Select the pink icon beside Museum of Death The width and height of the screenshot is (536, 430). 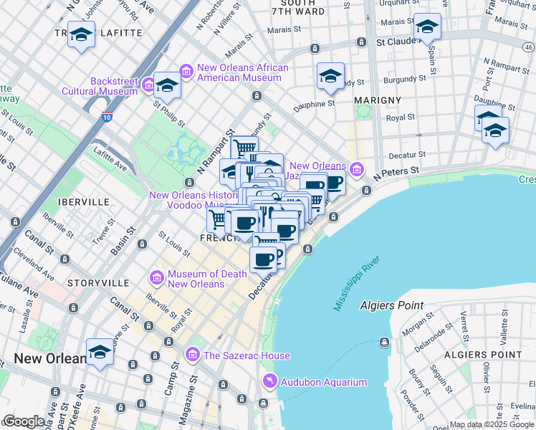156,277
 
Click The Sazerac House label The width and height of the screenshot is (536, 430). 246,355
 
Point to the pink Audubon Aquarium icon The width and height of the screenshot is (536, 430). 269,381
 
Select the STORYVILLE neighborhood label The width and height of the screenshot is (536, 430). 97,284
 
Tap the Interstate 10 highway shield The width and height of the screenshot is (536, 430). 106,118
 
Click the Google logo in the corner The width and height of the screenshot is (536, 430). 23,421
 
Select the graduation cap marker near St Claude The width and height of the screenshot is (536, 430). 427,27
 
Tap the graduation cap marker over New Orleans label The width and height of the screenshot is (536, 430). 100,353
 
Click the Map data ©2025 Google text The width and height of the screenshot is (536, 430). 492,424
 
